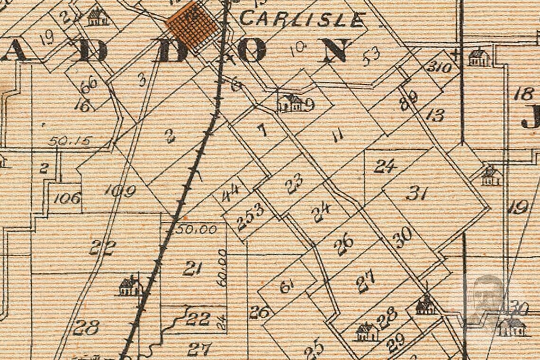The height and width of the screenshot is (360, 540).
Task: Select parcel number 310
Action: point(438,67)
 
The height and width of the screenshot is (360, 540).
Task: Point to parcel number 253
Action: point(250,216)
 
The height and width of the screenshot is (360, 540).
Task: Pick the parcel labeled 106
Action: point(67,198)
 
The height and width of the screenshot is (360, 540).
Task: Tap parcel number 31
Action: point(417,193)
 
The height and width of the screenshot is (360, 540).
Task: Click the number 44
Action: point(230,193)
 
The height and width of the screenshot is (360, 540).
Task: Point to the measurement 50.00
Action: point(196,230)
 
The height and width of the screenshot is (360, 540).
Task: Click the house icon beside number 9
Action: point(290,103)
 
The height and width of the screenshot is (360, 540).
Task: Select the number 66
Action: point(89,84)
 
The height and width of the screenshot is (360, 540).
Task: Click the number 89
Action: point(408,100)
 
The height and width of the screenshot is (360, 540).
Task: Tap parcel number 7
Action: point(262,130)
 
